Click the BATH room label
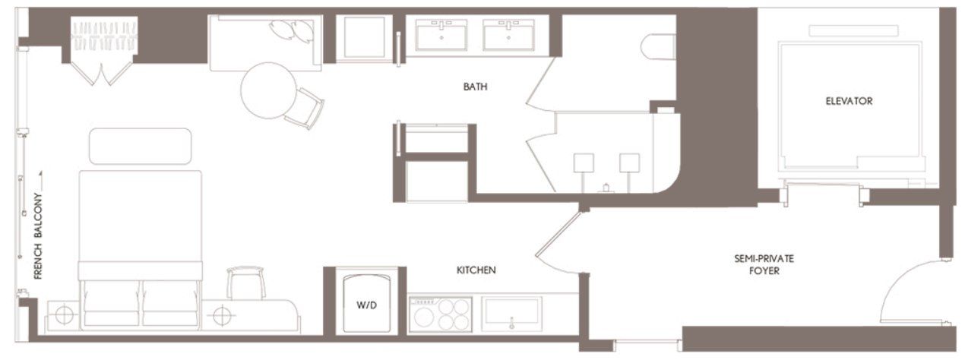pyautogui.click(x=475, y=87)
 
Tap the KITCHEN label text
pyautogui.click(x=476, y=270)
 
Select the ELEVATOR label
pyautogui.click(x=849, y=101)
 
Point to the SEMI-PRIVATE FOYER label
pyautogui.click(x=758, y=264)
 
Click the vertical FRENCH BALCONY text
pyautogui.click(x=38, y=235)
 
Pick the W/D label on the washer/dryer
pyautogui.click(x=367, y=306)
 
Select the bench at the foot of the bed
pyautogui.click(x=141, y=146)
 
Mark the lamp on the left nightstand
pyautogui.click(x=64, y=313)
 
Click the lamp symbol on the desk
pyautogui.click(x=221, y=313)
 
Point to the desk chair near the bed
pyautogui.click(x=246, y=283)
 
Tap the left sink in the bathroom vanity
pyautogui.click(x=441, y=35)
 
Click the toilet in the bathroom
pyautogui.click(x=657, y=47)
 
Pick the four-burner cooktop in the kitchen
pyautogui.click(x=441, y=314)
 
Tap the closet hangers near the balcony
pyautogui.click(x=104, y=36)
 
